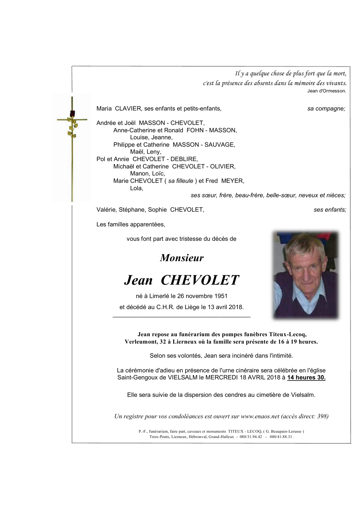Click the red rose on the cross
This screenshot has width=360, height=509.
pyautogui.click(x=72, y=114)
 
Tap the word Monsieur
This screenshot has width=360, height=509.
pyautogui.click(x=182, y=258)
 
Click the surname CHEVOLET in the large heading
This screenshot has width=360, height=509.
pyautogui.click(x=200, y=280)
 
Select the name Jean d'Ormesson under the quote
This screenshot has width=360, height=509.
pyautogui.click(x=327, y=91)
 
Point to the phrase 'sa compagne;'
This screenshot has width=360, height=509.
pyautogui.click(x=326, y=108)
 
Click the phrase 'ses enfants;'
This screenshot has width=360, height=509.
pyautogui.click(x=330, y=210)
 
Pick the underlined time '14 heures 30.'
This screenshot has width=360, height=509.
pyautogui.click(x=306, y=377)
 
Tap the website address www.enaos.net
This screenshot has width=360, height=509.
pyautogui.click(x=260, y=416)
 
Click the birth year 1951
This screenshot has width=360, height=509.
pyautogui.click(x=221, y=296)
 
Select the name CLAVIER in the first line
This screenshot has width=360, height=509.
pyautogui.click(x=128, y=108)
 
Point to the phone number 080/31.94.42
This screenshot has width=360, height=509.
pyautogui.click(x=251, y=437)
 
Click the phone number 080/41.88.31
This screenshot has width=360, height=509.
pyautogui.click(x=281, y=437)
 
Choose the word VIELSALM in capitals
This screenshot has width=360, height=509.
pyautogui.click(x=183, y=377)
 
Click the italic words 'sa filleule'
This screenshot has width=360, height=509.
pyautogui.click(x=181, y=181)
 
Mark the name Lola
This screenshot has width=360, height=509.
pyautogui.click(x=136, y=188)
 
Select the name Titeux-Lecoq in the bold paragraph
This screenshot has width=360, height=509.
pyautogui.click(x=288, y=334)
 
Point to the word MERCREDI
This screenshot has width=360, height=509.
pyautogui.click(x=221, y=377)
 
